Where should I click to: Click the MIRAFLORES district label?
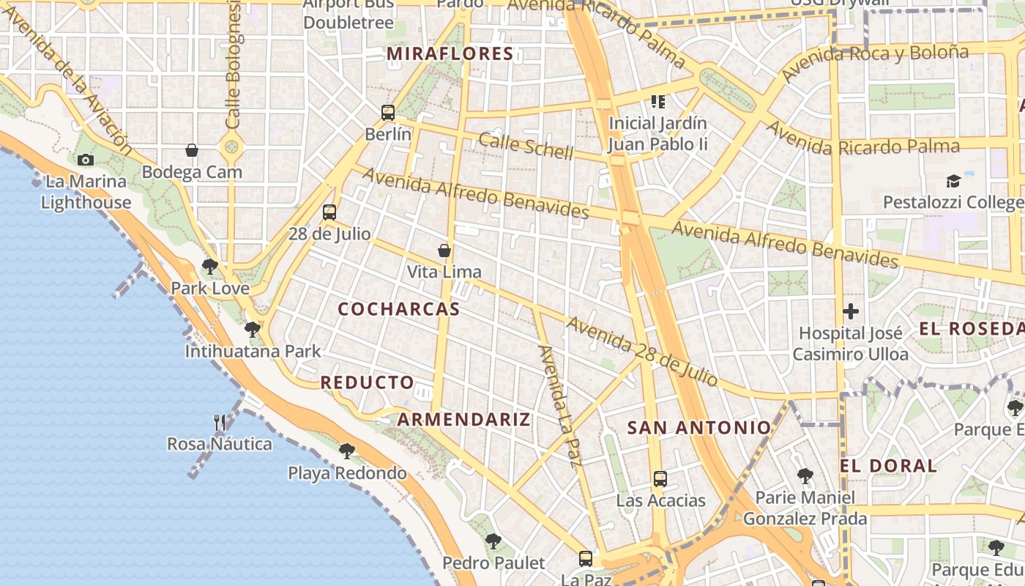point(450,53)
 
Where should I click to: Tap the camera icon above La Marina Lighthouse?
point(86,160)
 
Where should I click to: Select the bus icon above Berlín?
point(388,113)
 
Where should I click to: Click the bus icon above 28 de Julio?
point(329,212)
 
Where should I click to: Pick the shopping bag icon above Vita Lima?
point(444,251)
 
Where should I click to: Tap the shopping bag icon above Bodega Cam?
point(192,150)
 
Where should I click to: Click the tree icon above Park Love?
point(210,267)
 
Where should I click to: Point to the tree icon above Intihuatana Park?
point(253,330)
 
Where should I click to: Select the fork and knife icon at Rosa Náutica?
point(220,422)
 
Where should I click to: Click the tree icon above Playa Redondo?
point(347,451)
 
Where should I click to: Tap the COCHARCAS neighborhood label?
point(399,309)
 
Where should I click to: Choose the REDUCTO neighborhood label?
point(368,382)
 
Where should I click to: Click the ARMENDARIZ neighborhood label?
point(463,420)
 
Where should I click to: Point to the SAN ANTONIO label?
point(699,428)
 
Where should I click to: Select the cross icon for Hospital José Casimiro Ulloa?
point(850,311)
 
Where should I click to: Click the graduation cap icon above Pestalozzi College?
point(953,181)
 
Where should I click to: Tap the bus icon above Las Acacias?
point(660,479)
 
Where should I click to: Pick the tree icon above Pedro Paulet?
point(493,541)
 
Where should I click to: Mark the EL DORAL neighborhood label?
point(888,466)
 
